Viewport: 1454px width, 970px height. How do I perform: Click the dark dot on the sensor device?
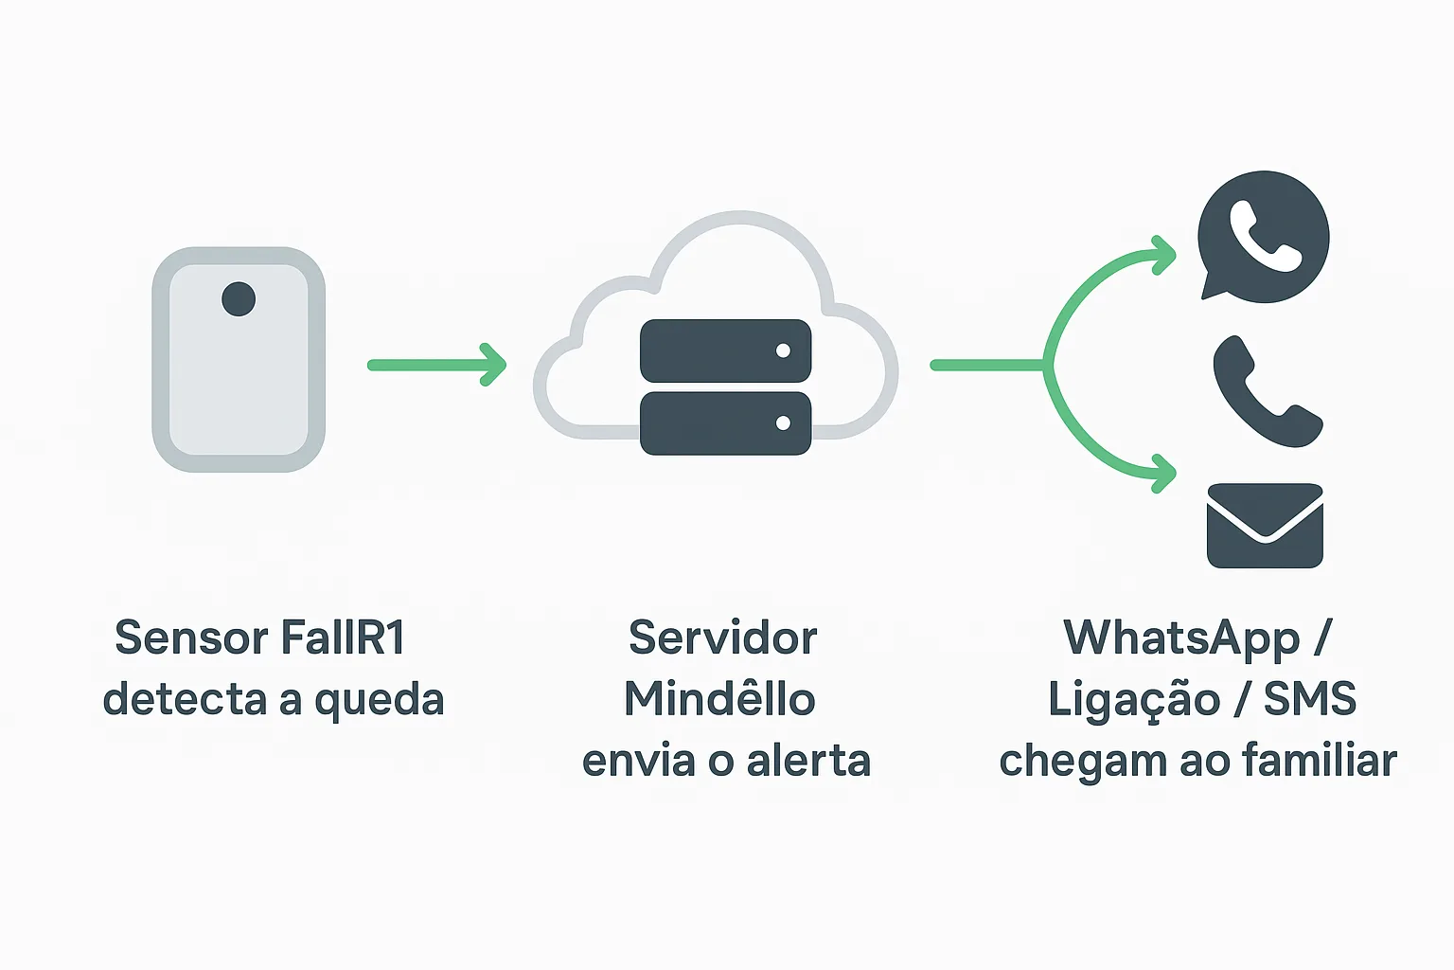[x=239, y=299]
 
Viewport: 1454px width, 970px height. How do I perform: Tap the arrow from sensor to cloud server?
[x=436, y=365]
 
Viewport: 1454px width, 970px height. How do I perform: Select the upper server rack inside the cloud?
[x=725, y=350]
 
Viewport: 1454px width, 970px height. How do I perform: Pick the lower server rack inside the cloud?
[x=725, y=423]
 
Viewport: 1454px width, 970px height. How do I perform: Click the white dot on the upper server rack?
[x=783, y=350]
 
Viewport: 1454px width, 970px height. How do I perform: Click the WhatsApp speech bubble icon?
[x=1263, y=237]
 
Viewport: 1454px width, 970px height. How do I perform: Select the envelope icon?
[x=1265, y=526]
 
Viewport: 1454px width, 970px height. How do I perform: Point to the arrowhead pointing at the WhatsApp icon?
[x=1164, y=255]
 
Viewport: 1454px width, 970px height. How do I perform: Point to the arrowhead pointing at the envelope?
[x=1164, y=473]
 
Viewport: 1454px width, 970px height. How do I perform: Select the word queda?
[x=379, y=701]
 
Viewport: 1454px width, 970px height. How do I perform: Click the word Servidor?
[x=722, y=638]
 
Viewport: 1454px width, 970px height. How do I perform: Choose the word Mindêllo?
[x=719, y=699]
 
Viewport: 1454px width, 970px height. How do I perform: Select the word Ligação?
[x=1133, y=701]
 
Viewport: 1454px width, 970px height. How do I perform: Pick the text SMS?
[x=1309, y=699]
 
